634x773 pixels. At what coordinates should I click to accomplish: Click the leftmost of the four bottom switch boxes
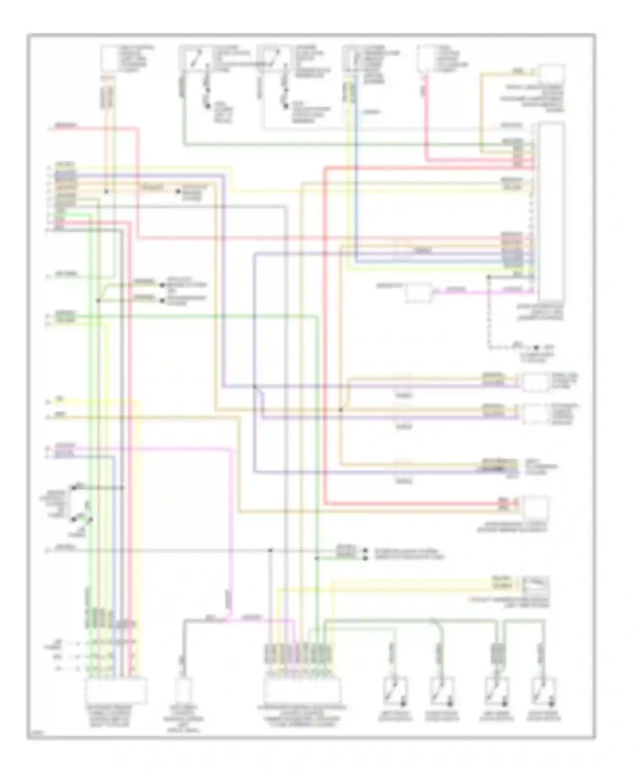tap(395, 691)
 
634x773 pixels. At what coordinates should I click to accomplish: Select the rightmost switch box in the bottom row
tap(542, 691)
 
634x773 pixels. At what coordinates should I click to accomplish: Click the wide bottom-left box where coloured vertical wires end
tap(116, 690)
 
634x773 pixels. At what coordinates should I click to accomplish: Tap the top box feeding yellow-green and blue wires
tap(352, 58)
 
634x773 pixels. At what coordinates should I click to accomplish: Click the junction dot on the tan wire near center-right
tap(341, 410)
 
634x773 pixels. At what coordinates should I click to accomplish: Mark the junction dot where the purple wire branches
tap(254, 386)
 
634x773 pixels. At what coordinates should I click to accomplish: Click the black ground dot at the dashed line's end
tap(536, 348)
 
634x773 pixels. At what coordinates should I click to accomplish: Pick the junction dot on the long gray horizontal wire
tap(271, 551)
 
